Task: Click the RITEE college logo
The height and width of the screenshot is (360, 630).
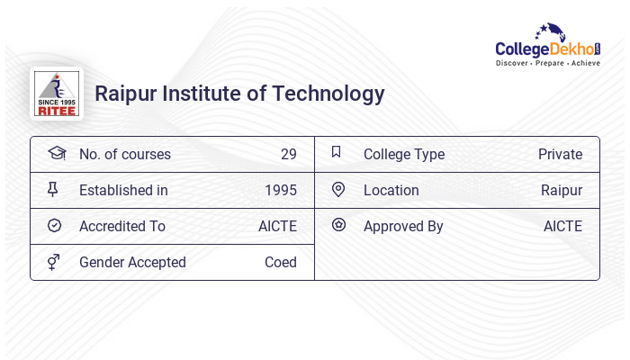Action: coord(57,94)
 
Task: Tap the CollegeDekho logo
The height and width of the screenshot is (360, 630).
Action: coord(548,46)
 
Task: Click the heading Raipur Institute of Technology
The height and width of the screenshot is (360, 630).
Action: coord(239,94)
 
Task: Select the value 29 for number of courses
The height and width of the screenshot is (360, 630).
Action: coord(288,154)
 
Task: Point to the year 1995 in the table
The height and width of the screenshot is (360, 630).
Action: coord(281,190)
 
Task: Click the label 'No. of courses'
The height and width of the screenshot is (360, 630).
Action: coord(125,154)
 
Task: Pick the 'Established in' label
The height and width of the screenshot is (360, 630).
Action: coord(123,190)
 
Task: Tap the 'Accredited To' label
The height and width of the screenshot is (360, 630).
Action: coord(122,226)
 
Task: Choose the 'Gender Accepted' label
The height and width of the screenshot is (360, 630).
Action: coord(132,262)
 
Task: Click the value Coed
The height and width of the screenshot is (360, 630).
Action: coord(281,262)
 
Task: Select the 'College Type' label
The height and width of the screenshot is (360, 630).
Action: coord(404,154)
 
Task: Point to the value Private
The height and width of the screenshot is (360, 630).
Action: coord(560,154)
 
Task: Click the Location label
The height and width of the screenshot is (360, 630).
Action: coord(391,190)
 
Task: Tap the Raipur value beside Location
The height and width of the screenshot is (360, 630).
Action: coord(562,190)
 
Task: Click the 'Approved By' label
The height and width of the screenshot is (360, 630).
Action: coord(403,226)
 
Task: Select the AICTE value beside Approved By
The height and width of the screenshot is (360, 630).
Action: coord(562,226)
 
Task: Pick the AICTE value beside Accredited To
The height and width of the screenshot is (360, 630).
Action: coord(277,226)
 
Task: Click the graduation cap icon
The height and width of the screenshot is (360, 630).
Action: coord(56,153)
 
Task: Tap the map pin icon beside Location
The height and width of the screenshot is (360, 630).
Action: coord(338,189)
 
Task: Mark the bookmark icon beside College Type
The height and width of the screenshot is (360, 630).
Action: coord(337,152)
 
